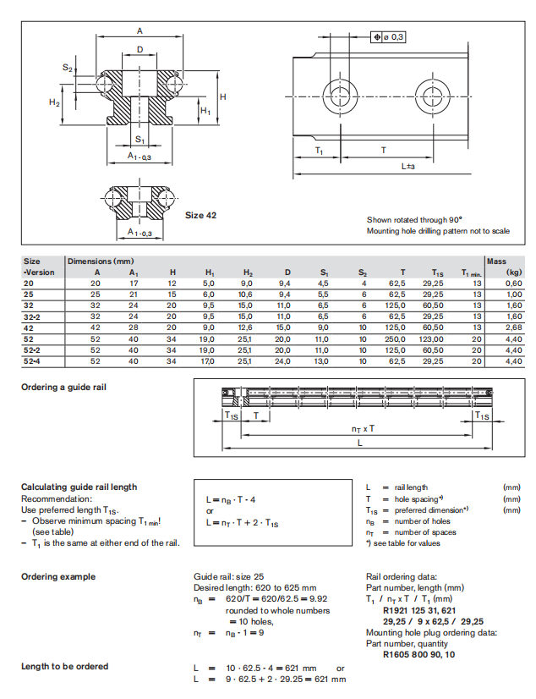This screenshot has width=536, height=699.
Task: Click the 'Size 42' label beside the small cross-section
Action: point(200,216)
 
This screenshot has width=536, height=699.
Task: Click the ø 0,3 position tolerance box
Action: point(389,37)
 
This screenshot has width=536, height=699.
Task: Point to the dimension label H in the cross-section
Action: point(223,96)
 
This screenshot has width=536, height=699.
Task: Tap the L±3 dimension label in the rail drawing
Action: point(407,167)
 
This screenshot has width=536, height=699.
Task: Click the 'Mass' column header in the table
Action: point(496,261)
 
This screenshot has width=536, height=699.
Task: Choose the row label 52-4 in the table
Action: point(34,361)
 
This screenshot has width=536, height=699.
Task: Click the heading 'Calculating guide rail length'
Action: point(79,487)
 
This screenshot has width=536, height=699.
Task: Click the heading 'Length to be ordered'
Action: point(64,667)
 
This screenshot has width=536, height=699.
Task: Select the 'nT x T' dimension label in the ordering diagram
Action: point(364,429)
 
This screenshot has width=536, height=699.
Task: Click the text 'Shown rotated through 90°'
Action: point(413,219)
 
